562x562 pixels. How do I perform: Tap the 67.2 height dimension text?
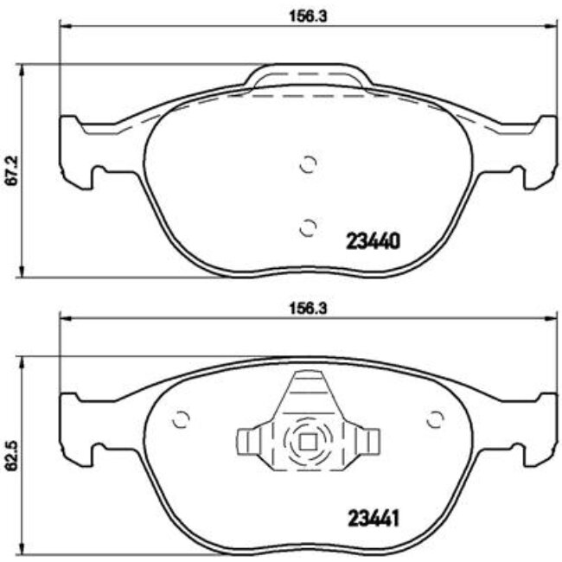coord(11,170)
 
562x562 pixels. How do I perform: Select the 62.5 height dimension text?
coord(11,456)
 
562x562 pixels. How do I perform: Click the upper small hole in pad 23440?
coord(308,163)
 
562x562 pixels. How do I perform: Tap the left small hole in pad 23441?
coord(181,419)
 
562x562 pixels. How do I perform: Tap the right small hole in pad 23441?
coord(434,419)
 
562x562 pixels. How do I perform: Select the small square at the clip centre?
coord(307,441)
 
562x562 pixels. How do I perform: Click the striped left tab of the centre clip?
coord(250,442)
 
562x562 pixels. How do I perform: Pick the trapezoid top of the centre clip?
coord(307,391)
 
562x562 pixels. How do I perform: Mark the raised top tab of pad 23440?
coord(308,76)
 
